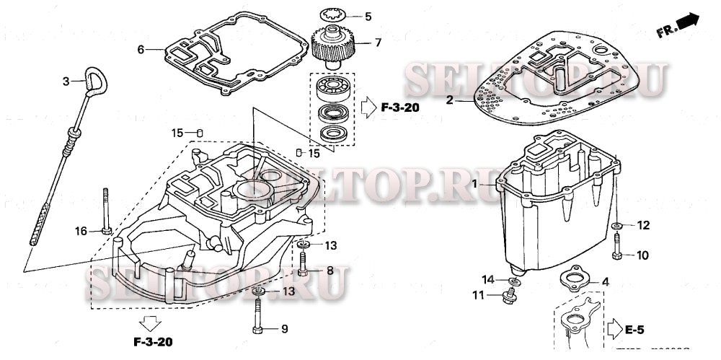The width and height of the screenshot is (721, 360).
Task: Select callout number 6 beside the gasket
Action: click(x=141, y=50)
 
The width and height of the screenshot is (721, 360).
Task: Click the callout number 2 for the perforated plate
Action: click(x=449, y=100)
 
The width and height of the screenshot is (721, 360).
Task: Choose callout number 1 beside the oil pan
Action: click(x=475, y=185)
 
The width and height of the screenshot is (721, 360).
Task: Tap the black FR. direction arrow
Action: click(x=688, y=22)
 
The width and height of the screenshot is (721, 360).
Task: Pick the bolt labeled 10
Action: click(x=618, y=249)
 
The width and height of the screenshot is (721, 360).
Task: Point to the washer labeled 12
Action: click(x=618, y=227)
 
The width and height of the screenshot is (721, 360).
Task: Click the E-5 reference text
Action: click(x=634, y=330)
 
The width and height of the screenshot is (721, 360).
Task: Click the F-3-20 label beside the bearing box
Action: click(x=400, y=108)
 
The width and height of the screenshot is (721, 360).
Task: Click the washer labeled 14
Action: click(x=513, y=281)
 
